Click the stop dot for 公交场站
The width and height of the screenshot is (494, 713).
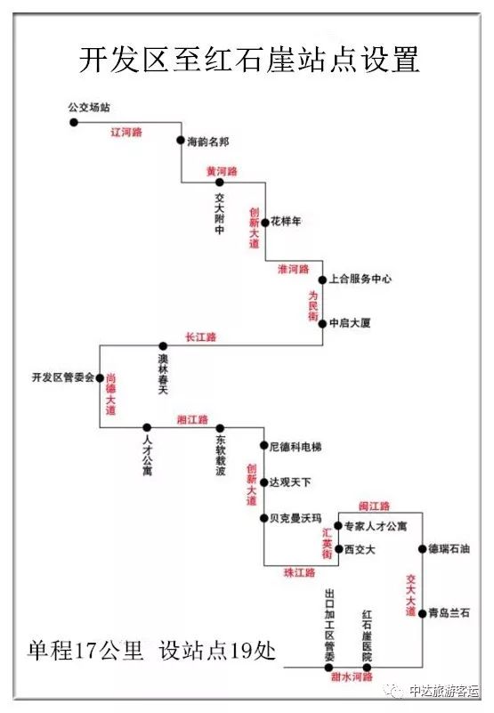click(x=74, y=122)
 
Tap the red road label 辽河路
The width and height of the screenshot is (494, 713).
click(x=126, y=133)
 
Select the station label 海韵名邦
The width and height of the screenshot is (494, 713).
click(x=208, y=142)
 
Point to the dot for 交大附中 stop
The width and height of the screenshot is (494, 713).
click(x=220, y=182)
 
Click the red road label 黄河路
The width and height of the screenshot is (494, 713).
click(x=222, y=172)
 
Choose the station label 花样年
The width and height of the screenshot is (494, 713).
click(x=286, y=222)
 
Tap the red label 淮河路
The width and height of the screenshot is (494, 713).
click(x=294, y=269)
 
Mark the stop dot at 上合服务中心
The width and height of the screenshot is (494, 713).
click(x=322, y=280)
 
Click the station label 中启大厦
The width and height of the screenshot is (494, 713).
click(x=350, y=323)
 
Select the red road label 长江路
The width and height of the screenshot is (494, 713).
click(x=200, y=337)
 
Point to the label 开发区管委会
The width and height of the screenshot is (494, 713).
click(x=63, y=377)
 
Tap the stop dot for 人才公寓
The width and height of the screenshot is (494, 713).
click(x=147, y=427)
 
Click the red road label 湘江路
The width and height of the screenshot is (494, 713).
click(x=192, y=419)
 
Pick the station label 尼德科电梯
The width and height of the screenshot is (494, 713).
click(x=296, y=447)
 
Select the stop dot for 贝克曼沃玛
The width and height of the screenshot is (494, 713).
click(x=263, y=518)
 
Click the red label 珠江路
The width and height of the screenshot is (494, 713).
click(x=299, y=572)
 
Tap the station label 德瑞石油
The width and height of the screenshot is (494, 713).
click(x=449, y=549)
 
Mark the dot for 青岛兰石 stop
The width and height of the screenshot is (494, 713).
click(x=422, y=613)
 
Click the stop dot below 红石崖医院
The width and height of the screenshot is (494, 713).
click(x=367, y=668)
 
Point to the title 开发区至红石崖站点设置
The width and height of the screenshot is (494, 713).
click(x=249, y=59)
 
